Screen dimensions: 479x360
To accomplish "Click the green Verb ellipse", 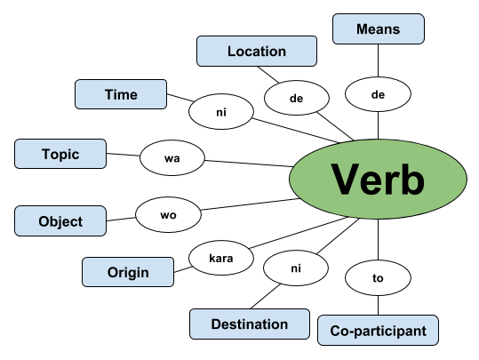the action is pos(378,179).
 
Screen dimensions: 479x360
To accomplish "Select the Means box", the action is pos(379,29).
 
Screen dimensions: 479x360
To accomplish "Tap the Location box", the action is pos(257,51).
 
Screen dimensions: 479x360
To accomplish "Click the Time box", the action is pos(121,94).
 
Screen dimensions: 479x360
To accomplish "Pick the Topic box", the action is pos(60,154).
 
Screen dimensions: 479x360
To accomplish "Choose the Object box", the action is pos(60,221).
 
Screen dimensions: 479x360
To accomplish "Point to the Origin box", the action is pos(128,272).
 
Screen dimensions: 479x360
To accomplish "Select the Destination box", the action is pos(250,324).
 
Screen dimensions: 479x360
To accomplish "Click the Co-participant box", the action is pos(378,331).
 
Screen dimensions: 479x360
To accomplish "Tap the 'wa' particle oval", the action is pos(172,158).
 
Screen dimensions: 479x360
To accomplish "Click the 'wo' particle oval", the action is pos(168,215).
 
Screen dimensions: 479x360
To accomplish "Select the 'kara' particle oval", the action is pos(221,258).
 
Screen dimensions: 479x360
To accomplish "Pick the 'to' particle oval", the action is pos(378,278).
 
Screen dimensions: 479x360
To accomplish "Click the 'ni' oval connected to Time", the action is pos(221,112).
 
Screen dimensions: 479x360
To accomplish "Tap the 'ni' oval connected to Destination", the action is pos(296,268).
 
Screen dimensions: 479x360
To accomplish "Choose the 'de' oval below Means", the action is pos(378,94).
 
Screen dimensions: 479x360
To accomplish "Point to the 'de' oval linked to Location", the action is pos(296,98).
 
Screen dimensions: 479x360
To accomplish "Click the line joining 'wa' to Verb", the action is pos(249,164).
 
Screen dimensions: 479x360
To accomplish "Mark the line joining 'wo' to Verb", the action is pos(251,204).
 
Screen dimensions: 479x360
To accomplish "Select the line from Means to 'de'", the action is pos(379,60).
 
